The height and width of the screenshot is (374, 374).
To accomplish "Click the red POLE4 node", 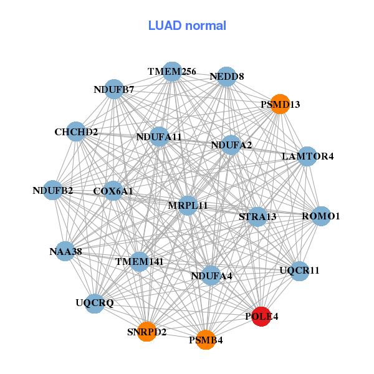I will (261, 317).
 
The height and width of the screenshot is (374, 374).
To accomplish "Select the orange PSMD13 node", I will (280, 104).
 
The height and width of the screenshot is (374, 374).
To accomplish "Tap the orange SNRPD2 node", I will (147, 332).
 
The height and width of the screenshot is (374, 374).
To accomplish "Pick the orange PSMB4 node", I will (206, 340).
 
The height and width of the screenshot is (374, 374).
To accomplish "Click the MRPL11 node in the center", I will (188, 205).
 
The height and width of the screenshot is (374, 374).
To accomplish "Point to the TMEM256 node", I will (172, 72).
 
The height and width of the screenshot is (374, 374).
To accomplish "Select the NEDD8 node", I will (227, 76).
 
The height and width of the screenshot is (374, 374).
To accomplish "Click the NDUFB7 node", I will (114, 89).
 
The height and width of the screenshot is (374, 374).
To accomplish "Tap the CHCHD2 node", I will (76, 132).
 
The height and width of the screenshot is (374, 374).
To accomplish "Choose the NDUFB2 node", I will (53, 190).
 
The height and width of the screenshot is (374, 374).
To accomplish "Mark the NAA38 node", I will (65, 251).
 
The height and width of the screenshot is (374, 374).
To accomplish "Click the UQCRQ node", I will (95, 303).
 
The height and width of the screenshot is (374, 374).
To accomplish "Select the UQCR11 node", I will (300, 271).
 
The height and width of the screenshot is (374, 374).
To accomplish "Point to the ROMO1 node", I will (321, 216).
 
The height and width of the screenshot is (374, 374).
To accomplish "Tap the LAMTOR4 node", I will (308, 156).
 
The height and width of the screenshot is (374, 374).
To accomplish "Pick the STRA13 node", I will (257, 216).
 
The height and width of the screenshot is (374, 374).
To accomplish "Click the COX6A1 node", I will (113, 191).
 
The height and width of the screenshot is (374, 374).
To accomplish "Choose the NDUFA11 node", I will (159, 137).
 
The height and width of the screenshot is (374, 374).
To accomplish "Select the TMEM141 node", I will (140, 261).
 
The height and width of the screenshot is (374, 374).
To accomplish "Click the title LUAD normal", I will (187, 26).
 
